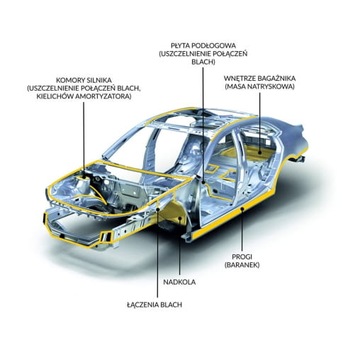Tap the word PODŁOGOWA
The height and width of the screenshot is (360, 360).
217,44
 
